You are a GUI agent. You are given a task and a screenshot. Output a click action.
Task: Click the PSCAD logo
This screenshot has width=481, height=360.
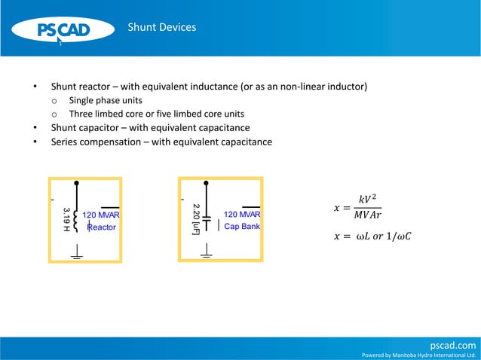coord(64,30)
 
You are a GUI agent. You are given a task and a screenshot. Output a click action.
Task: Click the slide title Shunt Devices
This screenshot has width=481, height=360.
coord(161,27)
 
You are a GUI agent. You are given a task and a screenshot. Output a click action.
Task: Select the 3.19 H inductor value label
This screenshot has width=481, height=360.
coord(66,219)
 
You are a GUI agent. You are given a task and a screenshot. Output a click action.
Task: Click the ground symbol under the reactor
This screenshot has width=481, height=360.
coord(75,256)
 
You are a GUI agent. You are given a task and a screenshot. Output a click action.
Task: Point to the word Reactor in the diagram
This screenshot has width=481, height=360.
coord(102,227)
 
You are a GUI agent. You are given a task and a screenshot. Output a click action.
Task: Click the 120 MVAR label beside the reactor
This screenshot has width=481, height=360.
coord(101,215)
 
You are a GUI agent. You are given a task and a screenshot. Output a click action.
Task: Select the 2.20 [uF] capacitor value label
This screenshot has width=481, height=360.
coord(196,218)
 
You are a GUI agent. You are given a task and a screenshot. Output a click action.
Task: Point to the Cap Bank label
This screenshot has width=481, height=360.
coord(242,226)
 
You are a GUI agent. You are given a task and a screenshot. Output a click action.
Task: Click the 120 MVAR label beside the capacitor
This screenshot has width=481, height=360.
coord(242,215)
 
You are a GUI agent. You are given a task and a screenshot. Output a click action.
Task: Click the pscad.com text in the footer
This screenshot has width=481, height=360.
coord(452,344)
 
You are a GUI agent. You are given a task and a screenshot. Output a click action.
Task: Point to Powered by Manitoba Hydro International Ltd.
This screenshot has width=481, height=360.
coord(419,355)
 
